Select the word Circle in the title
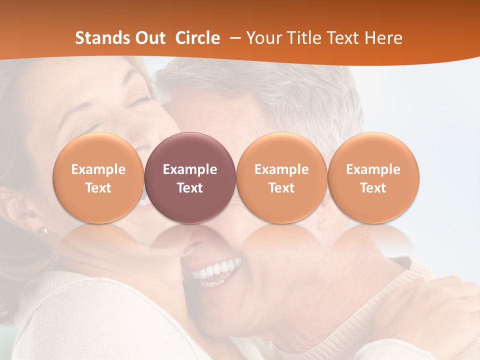coord(197,38)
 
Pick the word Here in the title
coord(384,38)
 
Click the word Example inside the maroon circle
coord(190,169)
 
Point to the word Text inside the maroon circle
coord(190,188)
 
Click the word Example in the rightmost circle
coord(373,169)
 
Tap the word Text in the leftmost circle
coord(98,188)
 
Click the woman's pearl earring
coord(44,231)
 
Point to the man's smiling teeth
coord(216,270)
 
